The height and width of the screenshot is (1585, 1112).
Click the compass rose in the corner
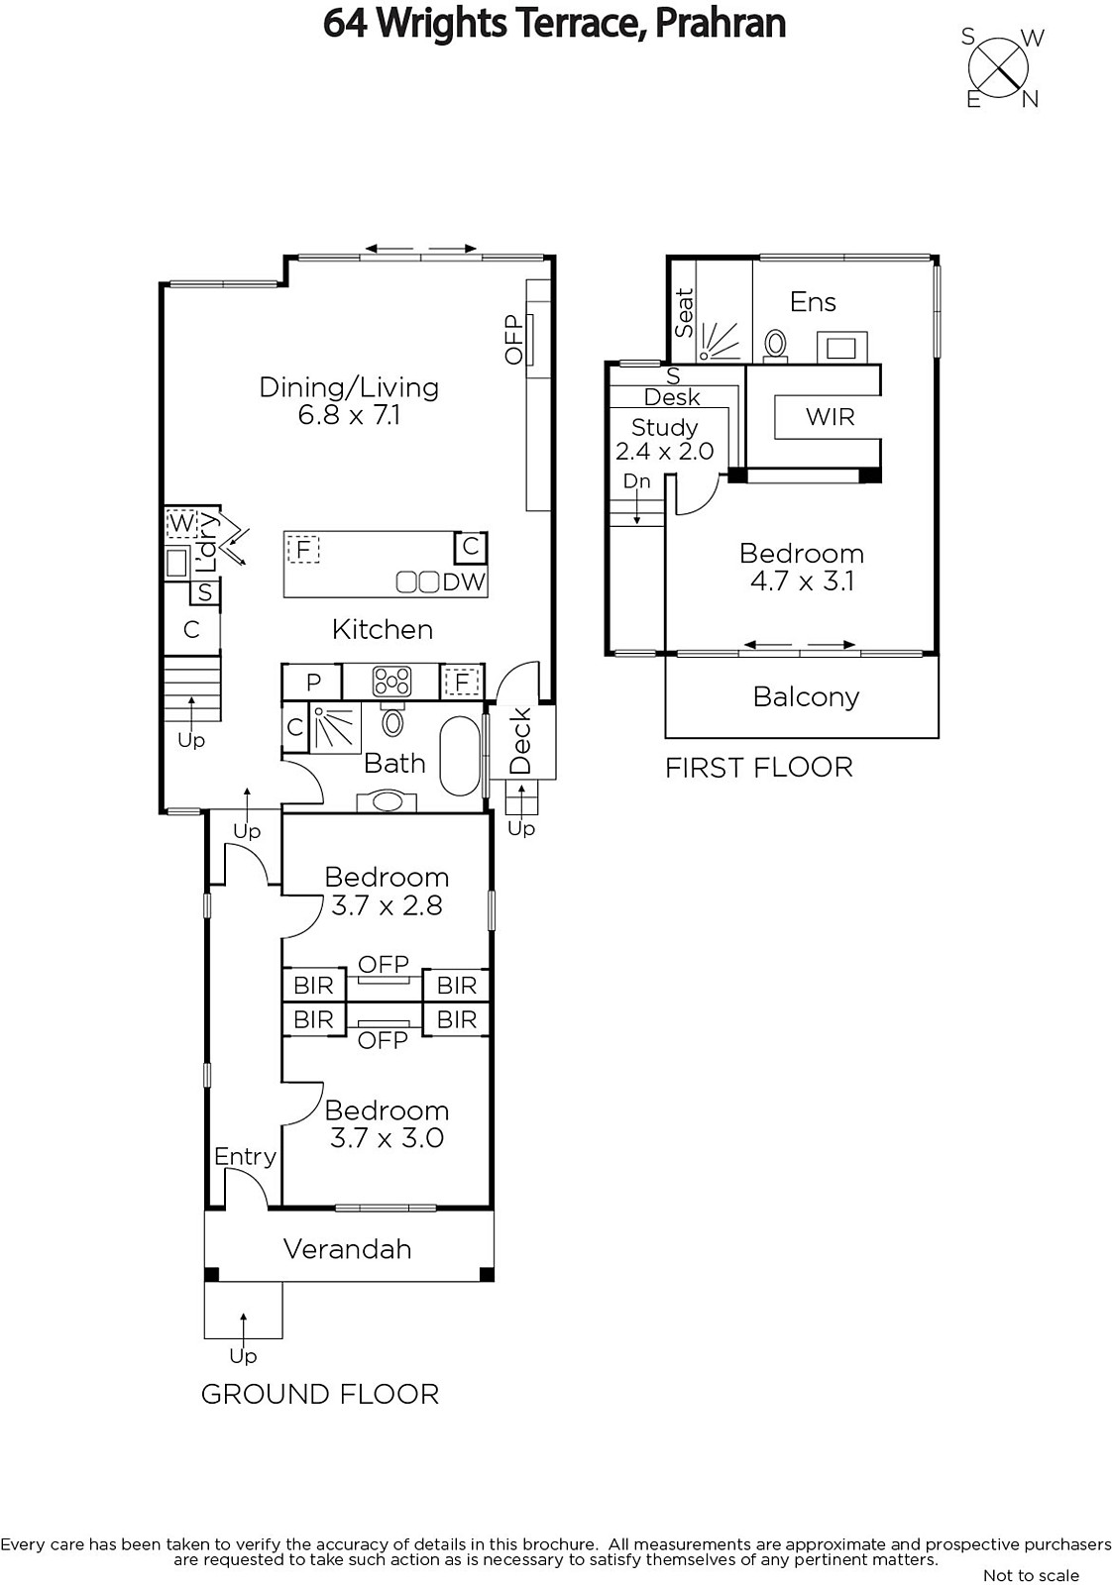(998, 68)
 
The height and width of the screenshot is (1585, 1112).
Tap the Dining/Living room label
(349, 387)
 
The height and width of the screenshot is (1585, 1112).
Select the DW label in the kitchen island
(465, 581)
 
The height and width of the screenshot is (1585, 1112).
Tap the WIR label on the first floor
(830, 417)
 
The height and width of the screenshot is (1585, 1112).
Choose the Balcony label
(806, 697)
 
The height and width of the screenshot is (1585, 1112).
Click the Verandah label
(348, 1249)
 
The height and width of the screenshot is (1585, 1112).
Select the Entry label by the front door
(245, 1157)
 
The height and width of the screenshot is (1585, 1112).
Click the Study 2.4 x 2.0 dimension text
(664, 451)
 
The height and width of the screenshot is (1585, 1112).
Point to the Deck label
(520, 741)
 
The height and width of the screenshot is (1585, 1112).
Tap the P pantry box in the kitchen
(313, 682)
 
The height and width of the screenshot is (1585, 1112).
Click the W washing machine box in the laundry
(181, 524)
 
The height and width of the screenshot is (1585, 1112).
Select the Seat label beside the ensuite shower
(684, 313)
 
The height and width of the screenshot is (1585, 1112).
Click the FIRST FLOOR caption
(759, 768)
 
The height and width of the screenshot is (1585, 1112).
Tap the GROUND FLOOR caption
(320, 1394)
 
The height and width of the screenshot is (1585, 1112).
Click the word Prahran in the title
(720, 23)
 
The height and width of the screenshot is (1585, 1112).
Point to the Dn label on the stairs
(636, 481)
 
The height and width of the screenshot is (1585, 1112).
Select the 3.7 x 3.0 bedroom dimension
(387, 1138)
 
